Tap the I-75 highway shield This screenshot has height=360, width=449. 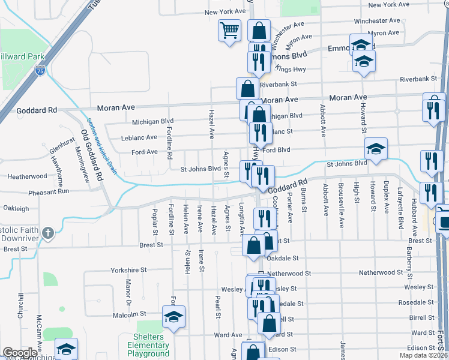coord(39,71)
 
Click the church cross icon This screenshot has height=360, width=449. coord(49,232)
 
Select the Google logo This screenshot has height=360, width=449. coord(20,353)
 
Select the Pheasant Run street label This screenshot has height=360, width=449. coord(52,191)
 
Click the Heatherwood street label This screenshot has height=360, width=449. coord(26,176)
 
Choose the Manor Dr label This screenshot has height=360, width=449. coord(128,290)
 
